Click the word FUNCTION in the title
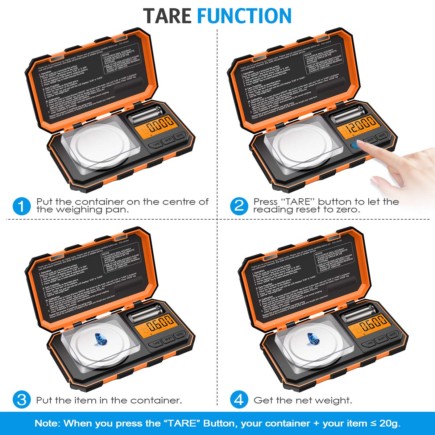tap(244, 16)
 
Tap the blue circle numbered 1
tap(21, 206)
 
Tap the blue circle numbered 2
tap(239, 206)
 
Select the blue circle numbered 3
tap(21, 400)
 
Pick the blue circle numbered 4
tap(239, 400)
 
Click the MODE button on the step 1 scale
tap(179, 137)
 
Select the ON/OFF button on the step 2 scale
tap(370, 140)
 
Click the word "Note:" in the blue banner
tap(47, 423)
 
